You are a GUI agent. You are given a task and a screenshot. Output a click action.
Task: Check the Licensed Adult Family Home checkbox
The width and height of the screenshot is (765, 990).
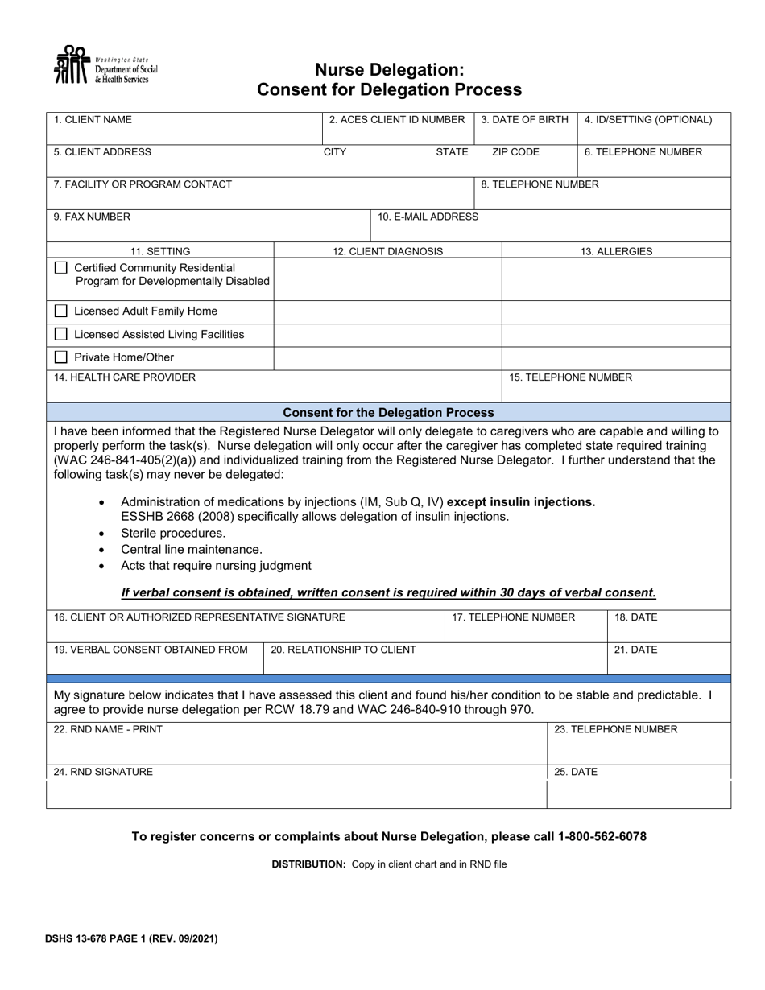[x=61, y=311]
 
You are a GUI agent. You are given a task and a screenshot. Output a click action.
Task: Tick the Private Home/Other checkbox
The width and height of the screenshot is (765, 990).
[x=61, y=357]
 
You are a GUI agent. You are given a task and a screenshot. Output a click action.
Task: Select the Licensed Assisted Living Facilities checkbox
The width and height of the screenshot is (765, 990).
[x=61, y=334]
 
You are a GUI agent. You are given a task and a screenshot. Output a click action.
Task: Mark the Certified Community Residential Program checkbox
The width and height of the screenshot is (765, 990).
[x=61, y=268]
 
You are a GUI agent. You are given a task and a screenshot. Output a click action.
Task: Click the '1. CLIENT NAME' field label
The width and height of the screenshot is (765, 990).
[x=93, y=120]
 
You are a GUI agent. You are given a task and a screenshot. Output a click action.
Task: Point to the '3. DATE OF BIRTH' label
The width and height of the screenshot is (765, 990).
[x=524, y=120]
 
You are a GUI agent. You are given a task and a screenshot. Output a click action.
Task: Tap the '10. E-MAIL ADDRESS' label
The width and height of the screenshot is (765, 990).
[x=428, y=217]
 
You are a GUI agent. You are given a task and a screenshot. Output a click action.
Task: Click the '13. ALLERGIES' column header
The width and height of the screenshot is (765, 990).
[x=616, y=251]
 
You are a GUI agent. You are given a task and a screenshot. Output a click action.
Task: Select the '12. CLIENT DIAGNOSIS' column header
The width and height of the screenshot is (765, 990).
[x=387, y=251]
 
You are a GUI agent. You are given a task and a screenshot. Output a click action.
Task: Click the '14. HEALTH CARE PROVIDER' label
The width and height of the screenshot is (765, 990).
[x=124, y=377]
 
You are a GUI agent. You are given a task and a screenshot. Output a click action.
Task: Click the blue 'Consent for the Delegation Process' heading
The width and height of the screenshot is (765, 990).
[x=388, y=412]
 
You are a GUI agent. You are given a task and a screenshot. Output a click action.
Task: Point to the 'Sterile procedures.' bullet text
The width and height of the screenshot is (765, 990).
[x=173, y=534]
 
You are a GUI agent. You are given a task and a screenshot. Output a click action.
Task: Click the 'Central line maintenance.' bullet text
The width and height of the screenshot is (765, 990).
[x=192, y=550]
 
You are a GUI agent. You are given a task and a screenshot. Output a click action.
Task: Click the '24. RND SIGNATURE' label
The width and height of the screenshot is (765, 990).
[x=103, y=772]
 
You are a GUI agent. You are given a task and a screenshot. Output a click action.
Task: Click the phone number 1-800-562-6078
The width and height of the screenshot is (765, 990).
[x=602, y=837]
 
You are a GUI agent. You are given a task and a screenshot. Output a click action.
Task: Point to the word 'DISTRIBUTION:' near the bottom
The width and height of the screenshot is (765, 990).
[x=308, y=864]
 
